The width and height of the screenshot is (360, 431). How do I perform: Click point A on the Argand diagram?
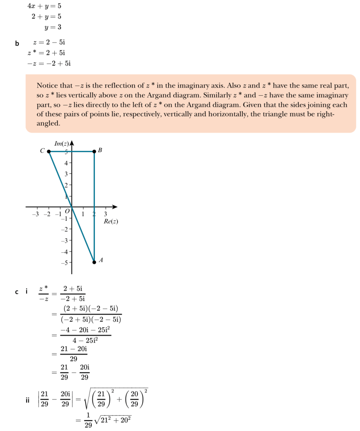pos(94,262)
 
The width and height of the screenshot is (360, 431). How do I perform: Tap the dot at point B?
pos(94,151)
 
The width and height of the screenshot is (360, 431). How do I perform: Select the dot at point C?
pos(49,151)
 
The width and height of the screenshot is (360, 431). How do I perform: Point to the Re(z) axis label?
pos(110,221)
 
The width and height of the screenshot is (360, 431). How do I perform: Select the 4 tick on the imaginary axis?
pos(66,163)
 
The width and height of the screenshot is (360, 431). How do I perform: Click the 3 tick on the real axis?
pos(106,214)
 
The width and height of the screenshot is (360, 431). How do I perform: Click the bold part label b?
pos(17,43)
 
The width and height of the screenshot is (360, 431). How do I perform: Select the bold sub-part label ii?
pos(27,401)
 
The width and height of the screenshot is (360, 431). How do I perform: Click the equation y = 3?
pos(53,27)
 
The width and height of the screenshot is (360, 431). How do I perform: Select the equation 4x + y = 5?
pos(44,7)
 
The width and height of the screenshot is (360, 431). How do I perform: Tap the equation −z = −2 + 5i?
pos(48,64)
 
